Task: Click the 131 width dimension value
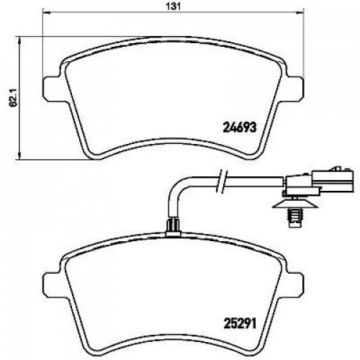[x=173, y=6]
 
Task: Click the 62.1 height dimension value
[x=14, y=98]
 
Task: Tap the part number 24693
[x=240, y=127]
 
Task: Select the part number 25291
[x=240, y=323]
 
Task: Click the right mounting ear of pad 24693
[x=294, y=88]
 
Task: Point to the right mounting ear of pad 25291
[x=294, y=284]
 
